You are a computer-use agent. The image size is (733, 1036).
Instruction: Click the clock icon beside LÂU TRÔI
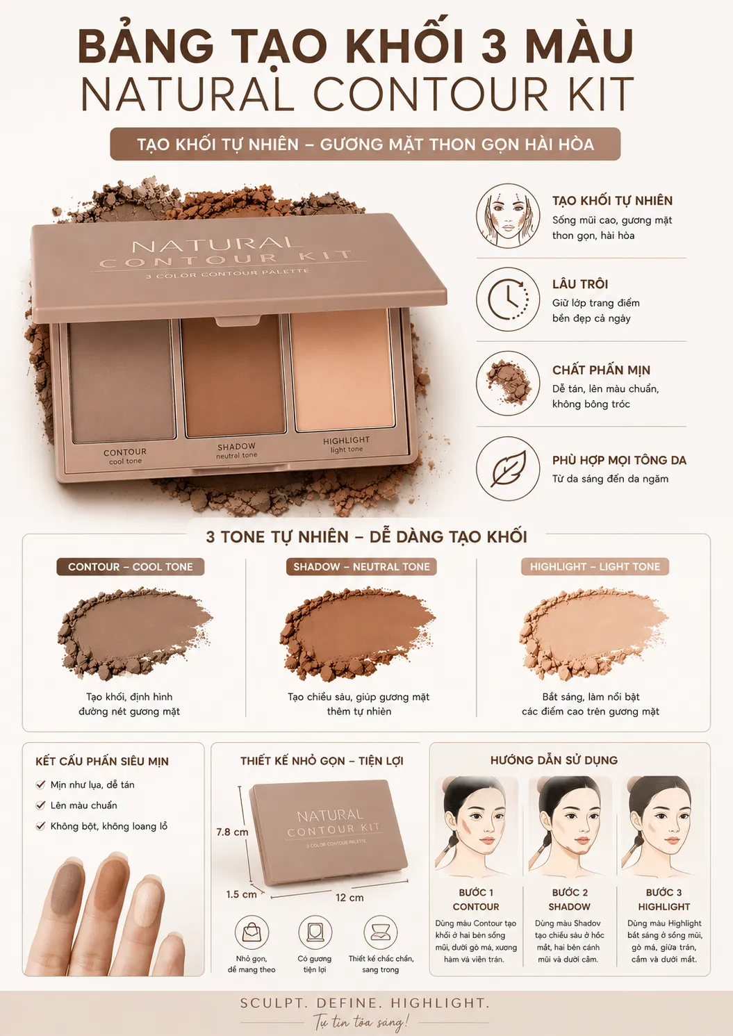tap(508, 299)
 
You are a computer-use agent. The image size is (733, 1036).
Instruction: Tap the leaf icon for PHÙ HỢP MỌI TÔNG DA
tap(508, 468)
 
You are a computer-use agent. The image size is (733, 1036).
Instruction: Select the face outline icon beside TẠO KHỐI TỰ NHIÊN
tap(508, 215)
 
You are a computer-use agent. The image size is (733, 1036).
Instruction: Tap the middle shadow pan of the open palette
tap(234, 375)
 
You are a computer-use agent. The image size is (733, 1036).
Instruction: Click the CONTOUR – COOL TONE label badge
tap(131, 566)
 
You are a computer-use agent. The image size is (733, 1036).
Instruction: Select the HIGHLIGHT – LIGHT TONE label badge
tap(595, 566)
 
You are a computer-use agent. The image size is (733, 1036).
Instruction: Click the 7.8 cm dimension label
tap(232, 832)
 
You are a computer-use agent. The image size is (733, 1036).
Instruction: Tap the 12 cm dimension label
tap(349, 898)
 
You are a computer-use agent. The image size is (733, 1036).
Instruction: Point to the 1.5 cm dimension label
tap(241, 894)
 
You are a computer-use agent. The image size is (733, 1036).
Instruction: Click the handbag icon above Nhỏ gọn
tap(252, 932)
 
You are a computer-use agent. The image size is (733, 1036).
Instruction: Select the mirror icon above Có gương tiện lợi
tap(315, 932)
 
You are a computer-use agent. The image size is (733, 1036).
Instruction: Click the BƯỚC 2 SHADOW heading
tap(569, 900)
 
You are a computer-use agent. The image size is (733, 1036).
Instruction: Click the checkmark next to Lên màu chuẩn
tap(41, 805)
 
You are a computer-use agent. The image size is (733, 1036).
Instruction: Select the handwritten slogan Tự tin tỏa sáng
tap(361, 1020)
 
